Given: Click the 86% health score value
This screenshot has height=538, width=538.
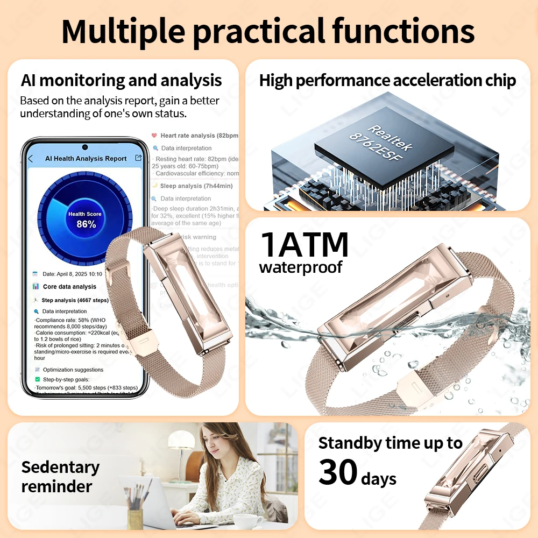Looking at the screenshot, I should (x=86, y=224).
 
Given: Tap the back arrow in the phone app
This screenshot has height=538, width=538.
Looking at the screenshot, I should (x=31, y=159).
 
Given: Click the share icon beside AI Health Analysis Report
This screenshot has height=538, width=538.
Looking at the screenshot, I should (x=138, y=158).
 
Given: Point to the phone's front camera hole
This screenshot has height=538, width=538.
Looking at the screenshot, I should (x=84, y=147).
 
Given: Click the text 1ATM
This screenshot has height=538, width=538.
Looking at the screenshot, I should (x=305, y=244).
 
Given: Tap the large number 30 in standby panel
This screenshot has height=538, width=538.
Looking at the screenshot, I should (x=338, y=472).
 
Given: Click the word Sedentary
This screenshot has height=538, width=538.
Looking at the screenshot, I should (x=60, y=467).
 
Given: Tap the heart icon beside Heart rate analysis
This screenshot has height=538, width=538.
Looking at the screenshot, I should (x=154, y=136).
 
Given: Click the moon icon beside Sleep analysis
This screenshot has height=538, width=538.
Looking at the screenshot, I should (x=154, y=186).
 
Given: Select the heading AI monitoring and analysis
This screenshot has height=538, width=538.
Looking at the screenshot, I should (x=121, y=81).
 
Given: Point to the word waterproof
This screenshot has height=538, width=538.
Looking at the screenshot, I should (x=300, y=267).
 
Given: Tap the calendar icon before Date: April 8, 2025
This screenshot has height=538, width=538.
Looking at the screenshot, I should (x=36, y=274).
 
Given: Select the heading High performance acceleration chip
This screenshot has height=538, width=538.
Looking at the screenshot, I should (x=387, y=81).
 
